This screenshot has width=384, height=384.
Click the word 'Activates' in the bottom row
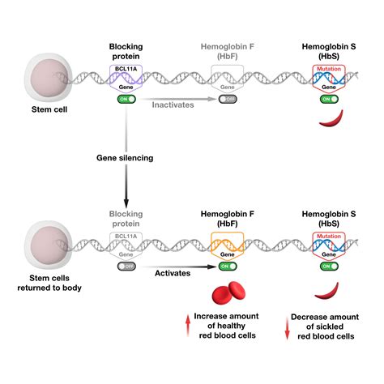[172, 274]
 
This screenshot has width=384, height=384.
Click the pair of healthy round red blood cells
[226, 293]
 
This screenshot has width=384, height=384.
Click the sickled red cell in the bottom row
[331, 287]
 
